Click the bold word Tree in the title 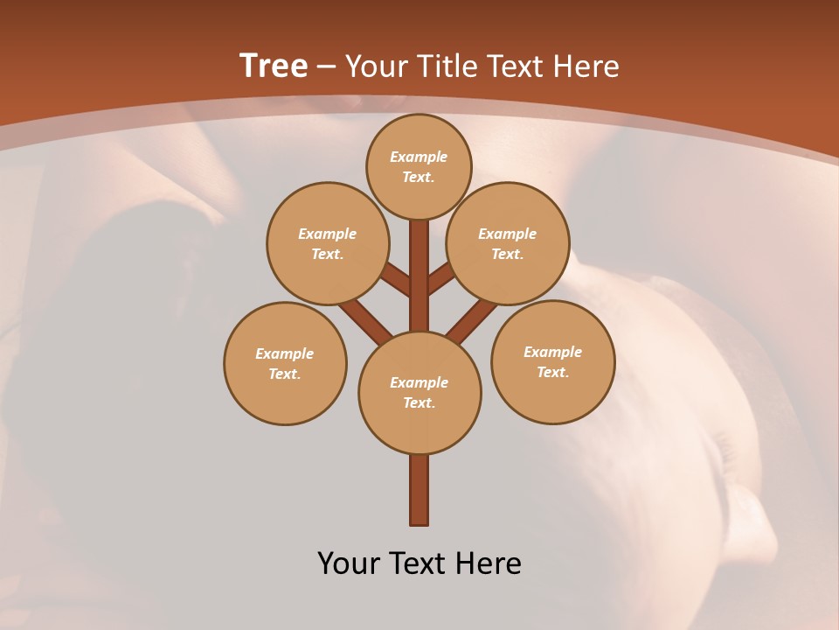tap(274, 66)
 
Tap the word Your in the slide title tap(374, 66)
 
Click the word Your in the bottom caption tap(348, 563)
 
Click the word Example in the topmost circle tap(419, 157)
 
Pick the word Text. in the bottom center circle tap(419, 403)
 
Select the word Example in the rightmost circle tap(552, 353)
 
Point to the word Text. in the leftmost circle tap(285, 374)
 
